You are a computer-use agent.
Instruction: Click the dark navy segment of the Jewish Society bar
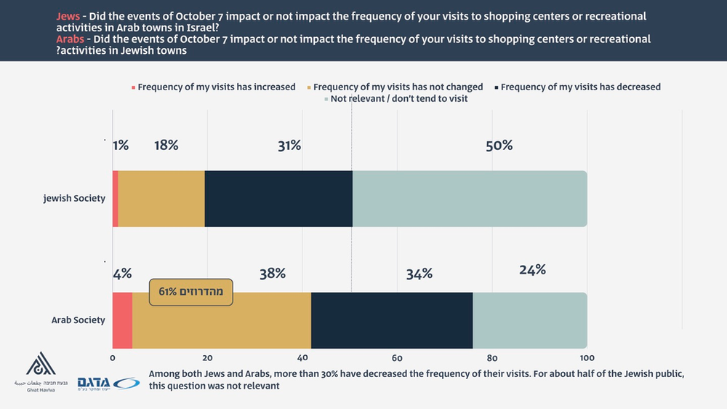(x=278, y=199)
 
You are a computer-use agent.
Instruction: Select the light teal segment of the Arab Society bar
(x=530, y=320)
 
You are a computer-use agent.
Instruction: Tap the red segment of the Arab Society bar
(x=122, y=320)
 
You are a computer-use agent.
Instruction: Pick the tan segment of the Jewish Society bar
(x=161, y=199)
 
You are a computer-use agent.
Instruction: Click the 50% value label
(x=499, y=146)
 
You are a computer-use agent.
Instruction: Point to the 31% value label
(x=289, y=146)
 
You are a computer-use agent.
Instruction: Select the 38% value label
(x=272, y=274)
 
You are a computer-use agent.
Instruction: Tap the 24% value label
(x=532, y=270)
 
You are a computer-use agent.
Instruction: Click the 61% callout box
(x=191, y=292)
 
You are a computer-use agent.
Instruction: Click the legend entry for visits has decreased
(x=580, y=87)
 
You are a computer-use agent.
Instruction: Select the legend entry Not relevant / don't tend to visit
(x=398, y=98)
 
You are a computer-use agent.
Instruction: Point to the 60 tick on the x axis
(x=397, y=358)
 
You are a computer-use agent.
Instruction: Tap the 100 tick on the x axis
(x=587, y=358)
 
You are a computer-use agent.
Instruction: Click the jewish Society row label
(x=74, y=199)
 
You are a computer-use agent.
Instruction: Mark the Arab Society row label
(x=78, y=320)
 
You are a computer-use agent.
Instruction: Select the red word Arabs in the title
(x=71, y=39)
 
